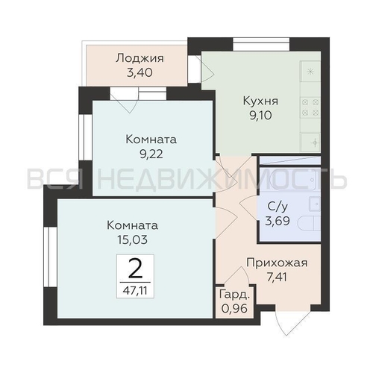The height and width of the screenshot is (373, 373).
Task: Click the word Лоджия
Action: tap(140, 58)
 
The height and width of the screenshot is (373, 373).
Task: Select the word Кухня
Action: tap(260, 101)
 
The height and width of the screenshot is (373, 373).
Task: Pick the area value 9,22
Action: tap(151, 154)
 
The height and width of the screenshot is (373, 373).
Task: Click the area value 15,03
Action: tap(133, 239)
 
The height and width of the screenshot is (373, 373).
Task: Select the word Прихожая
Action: tap(277, 263)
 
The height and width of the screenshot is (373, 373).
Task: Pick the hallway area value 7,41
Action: tap(277, 278)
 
